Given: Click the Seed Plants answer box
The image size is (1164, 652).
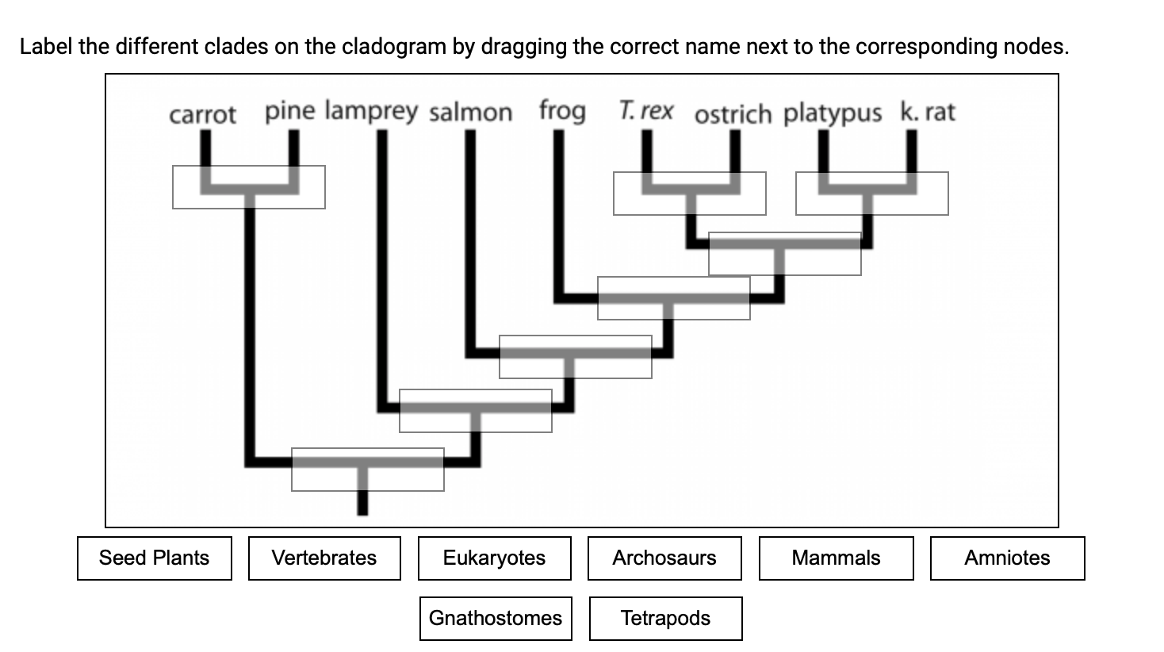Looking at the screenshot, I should tap(155, 558).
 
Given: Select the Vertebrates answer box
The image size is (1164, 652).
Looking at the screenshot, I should tap(324, 558).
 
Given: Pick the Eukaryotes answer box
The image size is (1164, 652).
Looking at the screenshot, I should tap(494, 558).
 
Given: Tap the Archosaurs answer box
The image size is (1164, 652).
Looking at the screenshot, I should tap(664, 558).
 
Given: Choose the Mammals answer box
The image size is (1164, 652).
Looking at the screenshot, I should tap(836, 558).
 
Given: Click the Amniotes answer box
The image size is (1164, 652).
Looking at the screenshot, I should tap(1007, 558).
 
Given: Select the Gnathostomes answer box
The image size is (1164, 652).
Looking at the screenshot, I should tap(496, 619).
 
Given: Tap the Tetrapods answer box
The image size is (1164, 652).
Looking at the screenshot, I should tap(665, 619).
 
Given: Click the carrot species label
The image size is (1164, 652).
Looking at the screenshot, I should tap(202, 115).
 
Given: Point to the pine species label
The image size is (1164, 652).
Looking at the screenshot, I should tap(289, 111).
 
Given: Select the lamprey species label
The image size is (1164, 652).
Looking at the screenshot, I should tap(371, 111).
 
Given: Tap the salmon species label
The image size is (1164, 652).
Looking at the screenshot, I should tap(471, 113).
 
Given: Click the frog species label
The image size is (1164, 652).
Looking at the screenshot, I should tap(562, 111).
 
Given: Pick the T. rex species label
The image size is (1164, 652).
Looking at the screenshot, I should tap(646, 111).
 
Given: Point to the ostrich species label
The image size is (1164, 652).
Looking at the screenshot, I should tap(733, 114).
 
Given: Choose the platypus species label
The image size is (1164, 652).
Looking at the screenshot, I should tap(833, 114).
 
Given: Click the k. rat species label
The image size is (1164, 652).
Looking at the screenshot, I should tap(928, 112).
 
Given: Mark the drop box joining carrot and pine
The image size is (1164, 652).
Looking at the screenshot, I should tap(249, 187).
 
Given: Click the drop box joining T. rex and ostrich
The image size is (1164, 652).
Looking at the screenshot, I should tap(690, 194).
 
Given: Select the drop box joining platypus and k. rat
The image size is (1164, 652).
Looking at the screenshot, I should tap(872, 194).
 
